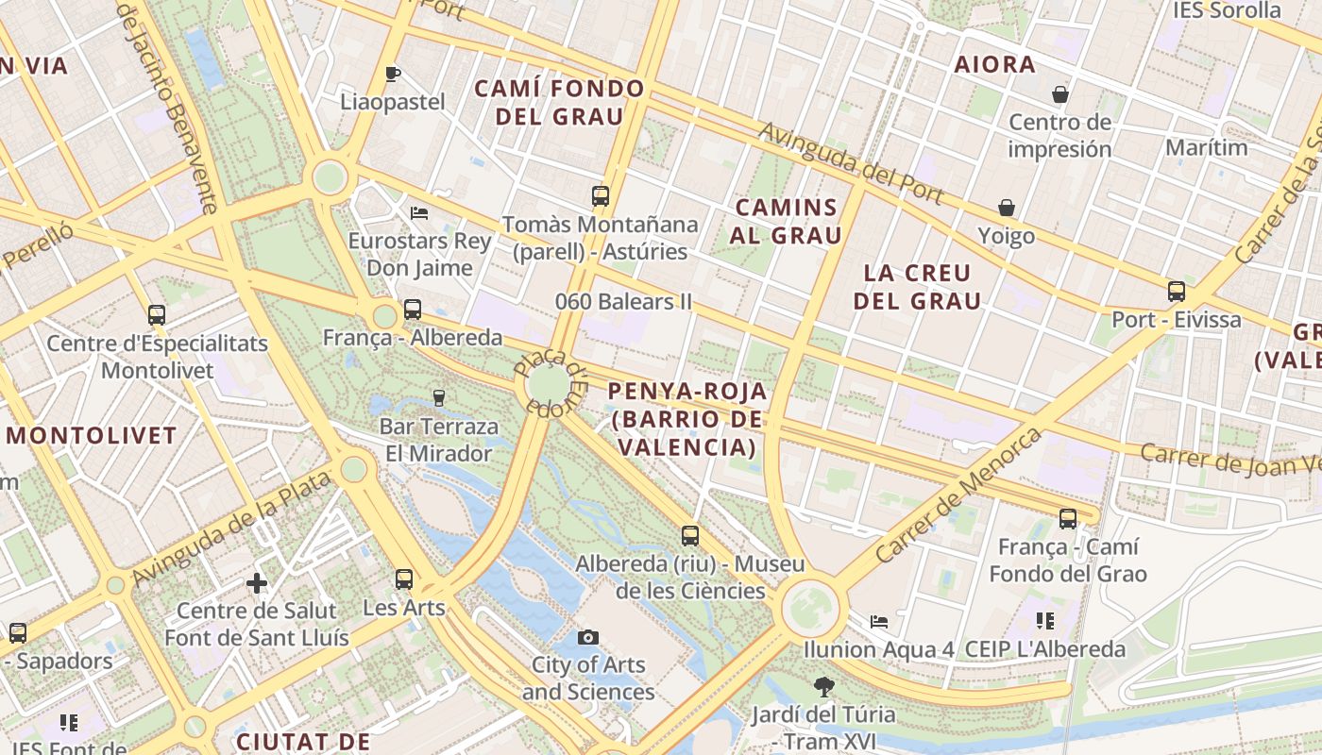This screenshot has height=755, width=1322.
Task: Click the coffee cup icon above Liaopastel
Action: pyautogui.click(x=393, y=74)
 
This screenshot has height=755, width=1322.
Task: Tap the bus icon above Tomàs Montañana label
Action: pyautogui.click(x=601, y=196)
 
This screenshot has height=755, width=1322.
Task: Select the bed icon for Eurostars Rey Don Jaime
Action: pyautogui.click(x=419, y=212)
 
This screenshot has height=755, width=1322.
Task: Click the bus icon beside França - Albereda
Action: pyautogui.click(x=412, y=310)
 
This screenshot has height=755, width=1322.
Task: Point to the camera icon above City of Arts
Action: pyautogui.click(x=588, y=637)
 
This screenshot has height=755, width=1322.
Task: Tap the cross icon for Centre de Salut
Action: pyautogui.click(x=257, y=583)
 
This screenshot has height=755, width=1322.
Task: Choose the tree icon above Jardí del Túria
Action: pyautogui.click(x=823, y=686)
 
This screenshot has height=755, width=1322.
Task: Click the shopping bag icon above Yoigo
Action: pyautogui.click(x=1007, y=208)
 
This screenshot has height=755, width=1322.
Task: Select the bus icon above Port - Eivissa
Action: pyautogui.click(x=1176, y=292)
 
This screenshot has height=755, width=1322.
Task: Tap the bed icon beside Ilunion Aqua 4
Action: pyautogui.click(x=879, y=622)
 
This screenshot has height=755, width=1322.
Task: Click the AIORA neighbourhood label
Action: pyautogui.click(x=994, y=65)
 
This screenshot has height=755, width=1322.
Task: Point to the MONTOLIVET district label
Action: pyautogui.click(x=92, y=436)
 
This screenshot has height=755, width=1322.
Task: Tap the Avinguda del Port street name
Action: pyautogui.click(x=851, y=162)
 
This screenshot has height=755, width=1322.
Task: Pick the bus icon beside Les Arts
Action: pyautogui.click(x=404, y=579)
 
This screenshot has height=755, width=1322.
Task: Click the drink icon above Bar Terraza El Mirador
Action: pyautogui.click(x=438, y=398)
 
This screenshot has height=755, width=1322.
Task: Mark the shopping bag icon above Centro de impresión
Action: pyautogui.click(x=1059, y=94)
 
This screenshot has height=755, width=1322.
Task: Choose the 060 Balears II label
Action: pyautogui.click(x=623, y=302)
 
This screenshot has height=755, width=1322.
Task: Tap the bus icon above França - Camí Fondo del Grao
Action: pyautogui.click(x=1068, y=518)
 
